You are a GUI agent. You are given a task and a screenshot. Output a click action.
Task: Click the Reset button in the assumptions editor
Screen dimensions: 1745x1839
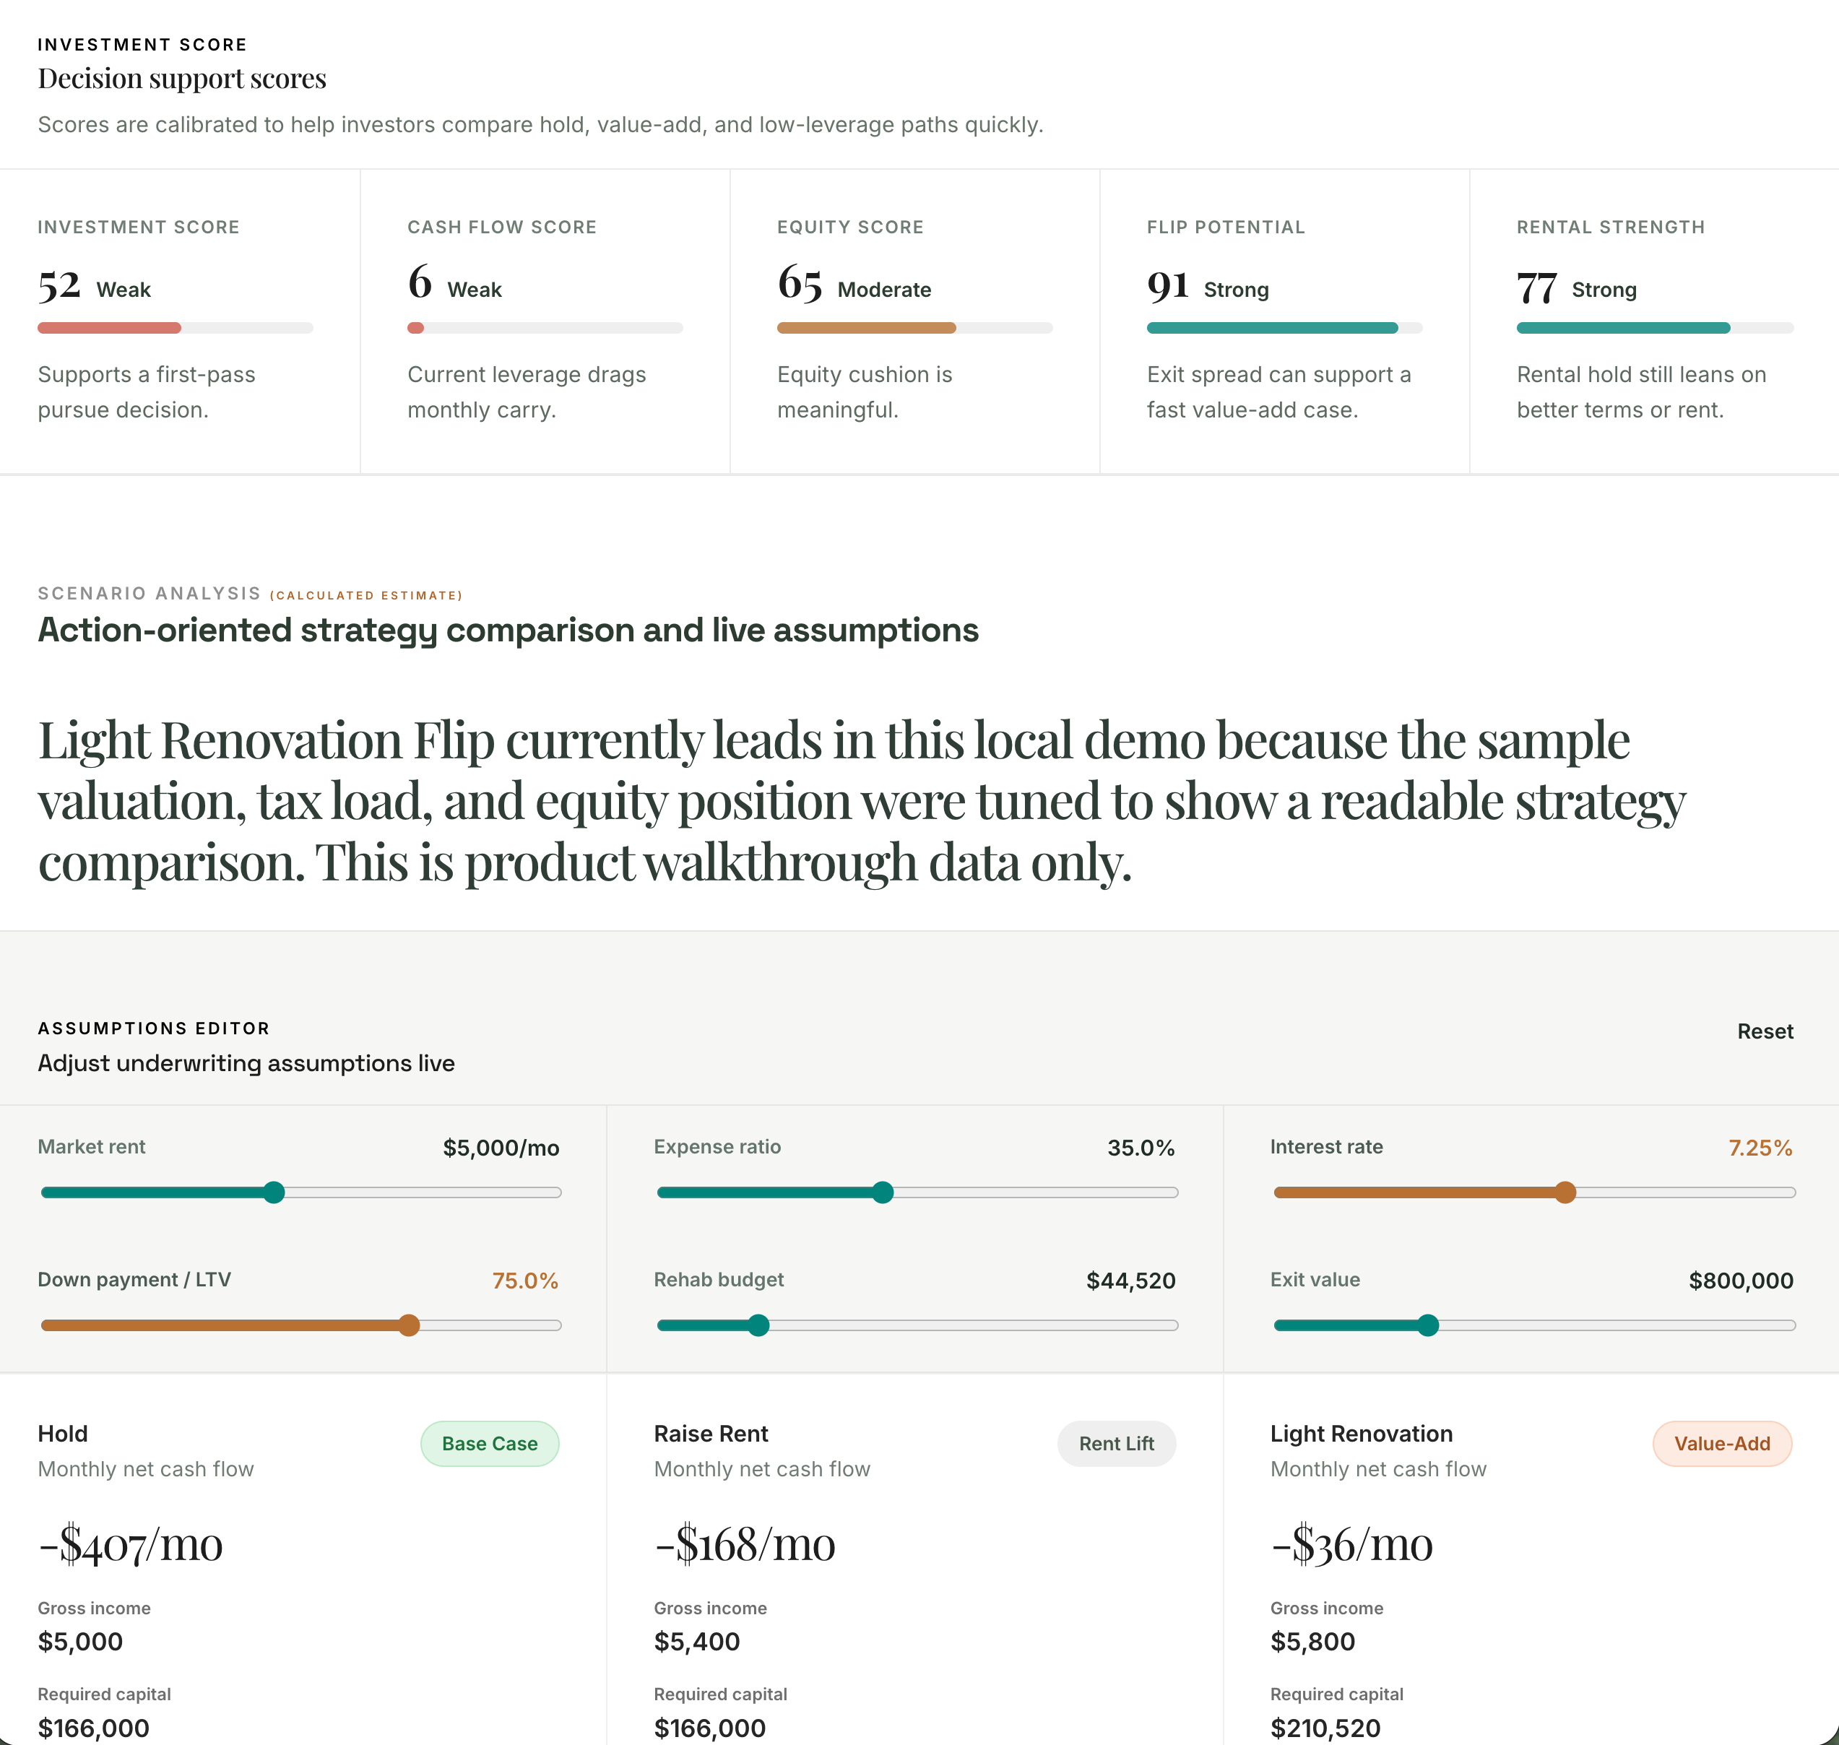point(1765,1031)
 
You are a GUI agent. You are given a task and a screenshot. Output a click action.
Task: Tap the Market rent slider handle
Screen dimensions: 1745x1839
point(274,1192)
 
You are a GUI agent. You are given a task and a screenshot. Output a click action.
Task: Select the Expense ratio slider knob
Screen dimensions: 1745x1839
point(883,1192)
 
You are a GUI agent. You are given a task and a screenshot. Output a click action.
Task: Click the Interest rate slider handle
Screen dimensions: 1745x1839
point(1565,1192)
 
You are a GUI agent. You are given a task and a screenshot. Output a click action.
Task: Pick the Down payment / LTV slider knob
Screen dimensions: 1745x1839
point(410,1325)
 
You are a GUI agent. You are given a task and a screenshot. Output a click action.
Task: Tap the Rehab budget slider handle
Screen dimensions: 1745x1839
point(759,1325)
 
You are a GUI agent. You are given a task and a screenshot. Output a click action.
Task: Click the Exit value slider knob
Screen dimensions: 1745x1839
point(1428,1325)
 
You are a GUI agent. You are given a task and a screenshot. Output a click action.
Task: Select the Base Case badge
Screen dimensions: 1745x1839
point(489,1444)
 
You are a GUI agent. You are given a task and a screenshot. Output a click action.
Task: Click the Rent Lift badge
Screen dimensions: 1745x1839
point(1116,1444)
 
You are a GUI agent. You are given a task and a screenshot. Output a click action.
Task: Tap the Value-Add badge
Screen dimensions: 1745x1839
point(1722,1444)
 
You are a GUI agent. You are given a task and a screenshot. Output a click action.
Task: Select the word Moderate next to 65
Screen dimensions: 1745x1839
point(883,290)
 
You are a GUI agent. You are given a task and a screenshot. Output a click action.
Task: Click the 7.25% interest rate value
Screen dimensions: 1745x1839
point(1760,1148)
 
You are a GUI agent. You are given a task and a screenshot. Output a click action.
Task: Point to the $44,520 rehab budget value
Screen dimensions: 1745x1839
point(1130,1281)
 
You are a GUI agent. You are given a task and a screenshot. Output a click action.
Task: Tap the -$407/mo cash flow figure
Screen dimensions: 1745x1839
point(130,1545)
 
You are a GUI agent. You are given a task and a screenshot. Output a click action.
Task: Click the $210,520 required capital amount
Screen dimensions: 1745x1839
point(1325,1728)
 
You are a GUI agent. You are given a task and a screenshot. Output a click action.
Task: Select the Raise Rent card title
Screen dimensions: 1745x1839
point(711,1434)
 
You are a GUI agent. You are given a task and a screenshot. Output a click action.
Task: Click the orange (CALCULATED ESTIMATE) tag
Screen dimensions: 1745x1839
point(365,595)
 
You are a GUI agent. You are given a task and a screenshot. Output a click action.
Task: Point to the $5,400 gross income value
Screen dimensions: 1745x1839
point(697,1642)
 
